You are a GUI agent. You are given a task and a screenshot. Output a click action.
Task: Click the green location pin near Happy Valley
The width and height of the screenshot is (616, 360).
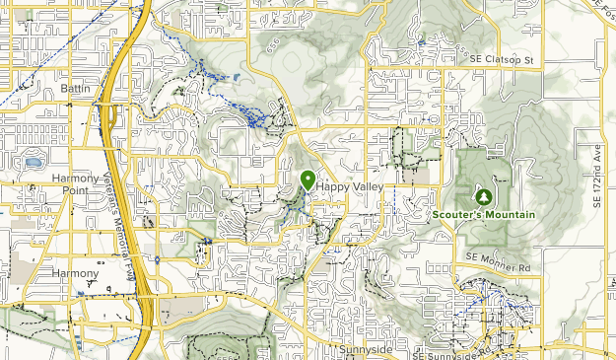click(x=308, y=180)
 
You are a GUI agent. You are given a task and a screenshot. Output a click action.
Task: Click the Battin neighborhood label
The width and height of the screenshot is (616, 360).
click(x=75, y=89)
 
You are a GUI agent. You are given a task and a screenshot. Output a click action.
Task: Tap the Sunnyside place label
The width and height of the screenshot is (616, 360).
click(x=366, y=349)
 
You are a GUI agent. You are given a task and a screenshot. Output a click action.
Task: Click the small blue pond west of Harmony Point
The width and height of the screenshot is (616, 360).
click(x=34, y=163)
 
